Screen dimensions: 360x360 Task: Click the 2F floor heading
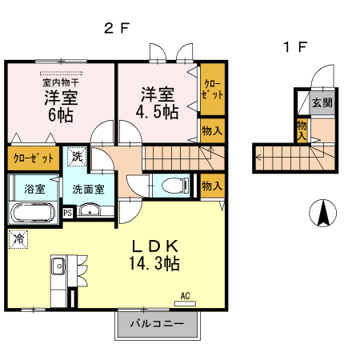coord(117,28)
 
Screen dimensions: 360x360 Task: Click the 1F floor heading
coord(295,47)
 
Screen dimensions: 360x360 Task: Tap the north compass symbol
coord(322,213)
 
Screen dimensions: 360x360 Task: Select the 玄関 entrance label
coord(322,102)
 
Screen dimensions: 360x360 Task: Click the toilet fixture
coord(175,185)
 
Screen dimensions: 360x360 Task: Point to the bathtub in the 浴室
coord(33,213)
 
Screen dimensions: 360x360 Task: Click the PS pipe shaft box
coord(68,213)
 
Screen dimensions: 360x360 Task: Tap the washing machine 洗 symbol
coord(77,156)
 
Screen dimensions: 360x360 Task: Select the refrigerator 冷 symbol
coord(18,239)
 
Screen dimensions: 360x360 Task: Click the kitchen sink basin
coord(58,266)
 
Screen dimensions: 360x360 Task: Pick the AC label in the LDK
coord(185,296)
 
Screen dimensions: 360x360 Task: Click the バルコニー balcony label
coord(158,324)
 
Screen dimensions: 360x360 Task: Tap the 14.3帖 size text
coord(154,263)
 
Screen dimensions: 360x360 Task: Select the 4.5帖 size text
coord(157,112)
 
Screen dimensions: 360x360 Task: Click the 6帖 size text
coord(61,115)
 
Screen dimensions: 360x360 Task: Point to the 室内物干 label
coord(61,82)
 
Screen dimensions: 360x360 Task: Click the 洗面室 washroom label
coord(88,189)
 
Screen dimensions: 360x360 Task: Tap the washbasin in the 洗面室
coord(90,210)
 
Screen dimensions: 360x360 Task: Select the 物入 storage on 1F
coord(302,130)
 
